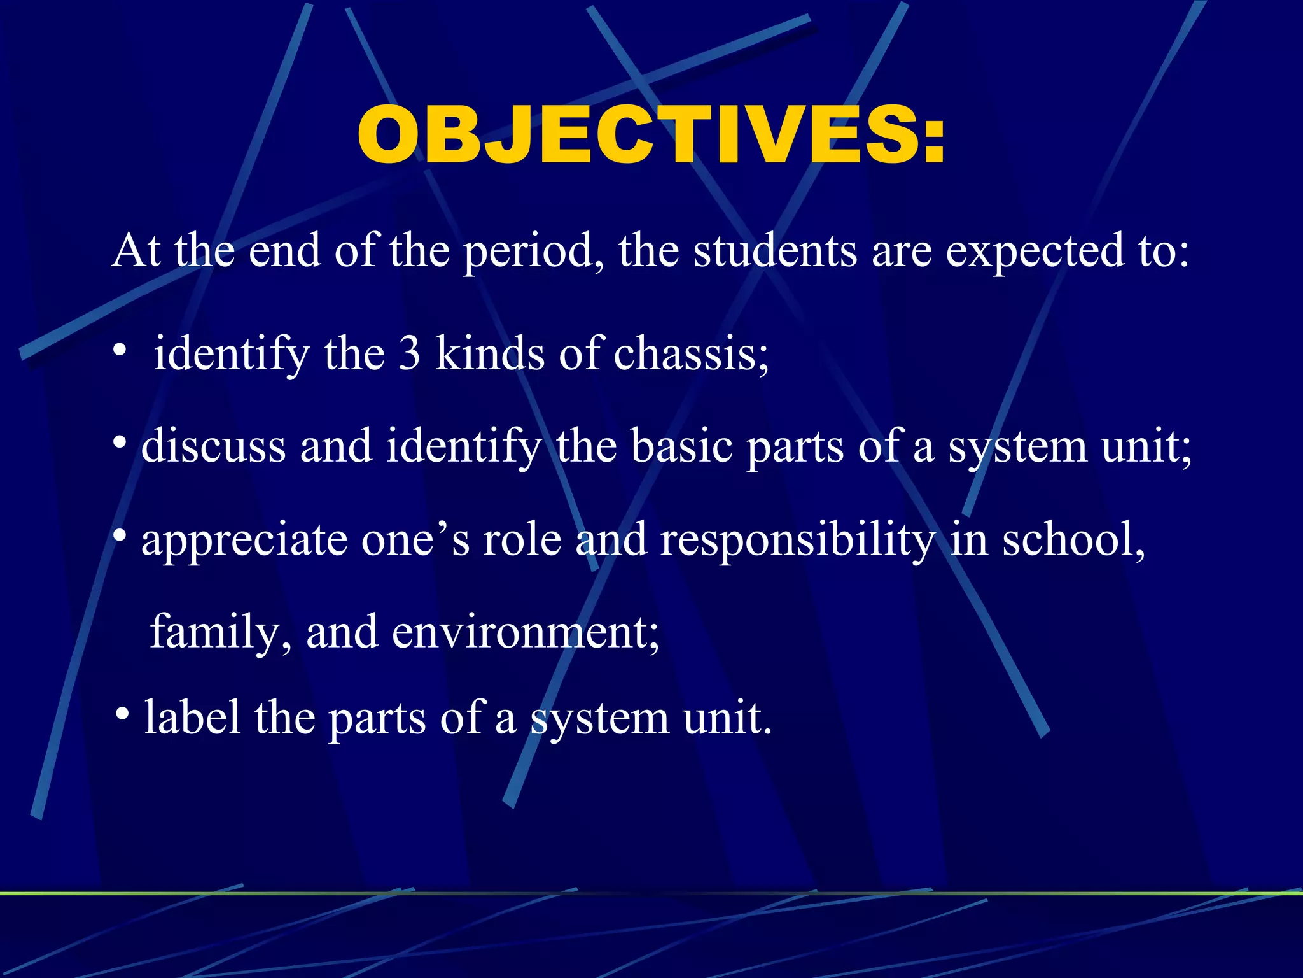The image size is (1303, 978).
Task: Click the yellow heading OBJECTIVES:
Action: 651,135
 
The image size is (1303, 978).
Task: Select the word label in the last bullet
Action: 192,718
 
